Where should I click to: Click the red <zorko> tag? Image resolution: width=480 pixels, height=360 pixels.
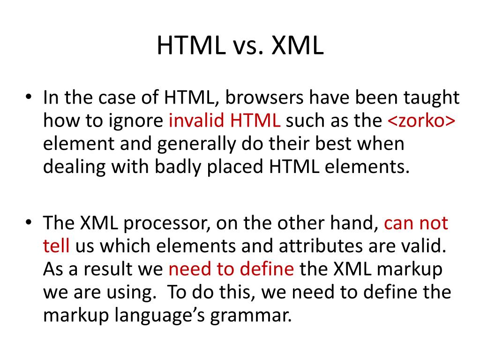click(x=421, y=121)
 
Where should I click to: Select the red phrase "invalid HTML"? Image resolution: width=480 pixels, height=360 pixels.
click(x=225, y=121)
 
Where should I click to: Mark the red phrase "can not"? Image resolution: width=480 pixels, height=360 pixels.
click(x=416, y=224)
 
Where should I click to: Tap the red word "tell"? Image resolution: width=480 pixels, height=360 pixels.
click(x=56, y=246)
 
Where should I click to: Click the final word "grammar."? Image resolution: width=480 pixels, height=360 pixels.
click(x=250, y=315)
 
